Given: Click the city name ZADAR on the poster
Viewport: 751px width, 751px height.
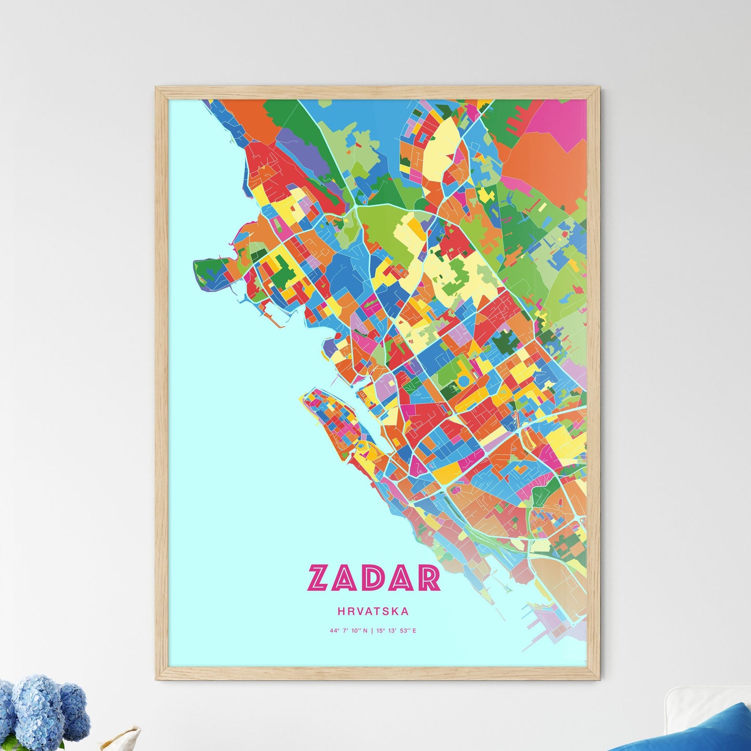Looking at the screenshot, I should pyautogui.click(x=374, y=578).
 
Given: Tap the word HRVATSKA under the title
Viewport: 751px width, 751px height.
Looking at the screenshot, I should pyautogui.click(x=373, y=612).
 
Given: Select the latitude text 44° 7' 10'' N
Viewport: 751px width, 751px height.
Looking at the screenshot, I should pyautogui.click(x=348, y=631).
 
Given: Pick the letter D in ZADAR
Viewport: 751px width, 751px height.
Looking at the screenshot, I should pyautogui.click(x=374, y=578).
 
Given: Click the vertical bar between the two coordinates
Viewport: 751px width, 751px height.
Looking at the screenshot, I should pyautogui.click(x=372, y=631).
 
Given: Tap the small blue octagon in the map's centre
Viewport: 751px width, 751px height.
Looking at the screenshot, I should pyautogui.click(x=463, y=382).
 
